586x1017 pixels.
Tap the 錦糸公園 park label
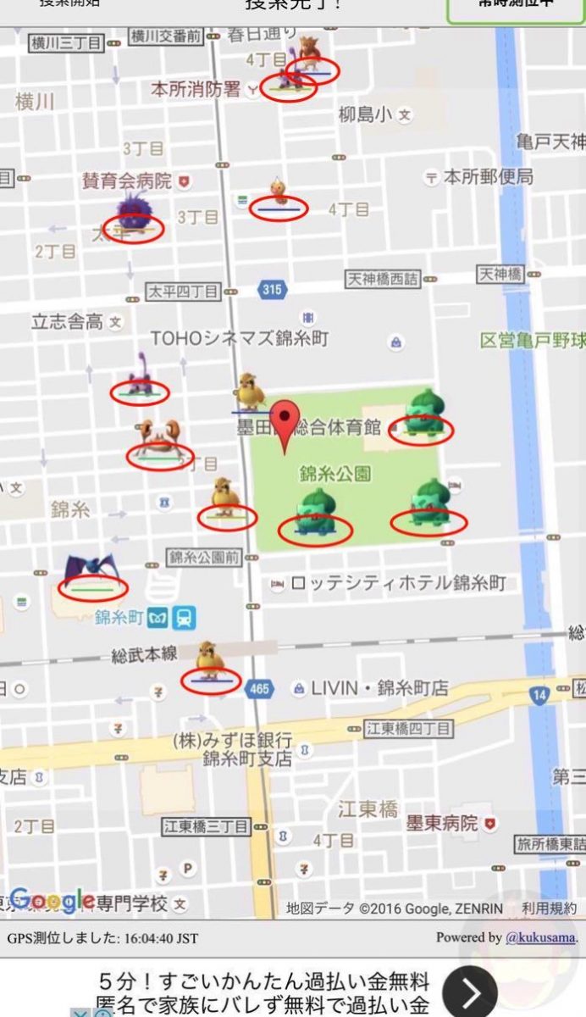coord(334,472)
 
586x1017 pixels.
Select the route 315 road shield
coord(271,290)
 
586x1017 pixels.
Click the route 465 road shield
coord(259,689)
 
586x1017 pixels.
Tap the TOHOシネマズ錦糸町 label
coord(240,338)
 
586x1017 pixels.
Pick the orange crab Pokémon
coord(158,437)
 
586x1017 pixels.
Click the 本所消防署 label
coord(196,89)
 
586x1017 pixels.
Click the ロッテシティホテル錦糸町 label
coord(398,583)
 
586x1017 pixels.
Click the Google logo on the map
coord(53,899)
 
